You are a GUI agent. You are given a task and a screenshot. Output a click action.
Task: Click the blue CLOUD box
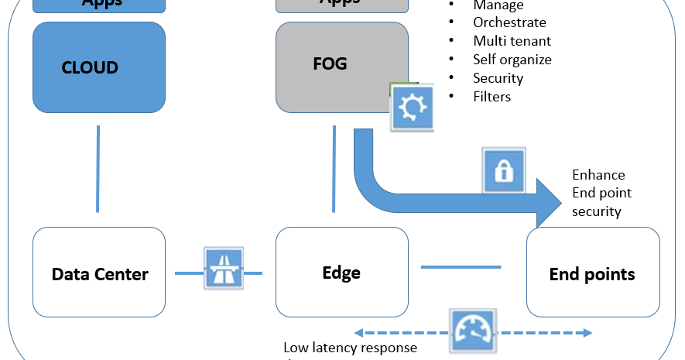point(99,67)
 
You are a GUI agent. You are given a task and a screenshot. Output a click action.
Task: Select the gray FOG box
point(342,67)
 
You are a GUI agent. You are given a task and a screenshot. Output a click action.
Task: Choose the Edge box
point(342,272)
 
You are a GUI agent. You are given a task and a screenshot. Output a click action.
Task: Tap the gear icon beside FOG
point(410,108)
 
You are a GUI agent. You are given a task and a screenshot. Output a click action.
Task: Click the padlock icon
point(503,171)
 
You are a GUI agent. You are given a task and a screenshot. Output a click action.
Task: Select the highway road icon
point(223,269)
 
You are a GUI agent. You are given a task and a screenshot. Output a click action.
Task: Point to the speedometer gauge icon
point(473,332)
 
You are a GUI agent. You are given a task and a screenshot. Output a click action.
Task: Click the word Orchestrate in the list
point(509,22)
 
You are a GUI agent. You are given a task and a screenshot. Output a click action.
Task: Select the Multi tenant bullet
point(512,41)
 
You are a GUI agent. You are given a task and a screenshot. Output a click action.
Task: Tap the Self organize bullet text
point(512,60)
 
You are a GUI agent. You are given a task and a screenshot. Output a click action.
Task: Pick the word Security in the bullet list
point(498,78)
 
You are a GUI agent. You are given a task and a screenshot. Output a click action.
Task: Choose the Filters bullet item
point(491,97)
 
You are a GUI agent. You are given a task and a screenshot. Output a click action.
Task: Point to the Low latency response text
point(350,348)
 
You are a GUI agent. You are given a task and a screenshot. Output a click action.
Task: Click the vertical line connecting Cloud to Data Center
point(98,169)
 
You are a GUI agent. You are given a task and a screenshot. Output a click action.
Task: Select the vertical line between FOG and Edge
point(334,169)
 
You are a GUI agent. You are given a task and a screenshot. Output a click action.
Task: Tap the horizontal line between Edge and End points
point(461,267)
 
